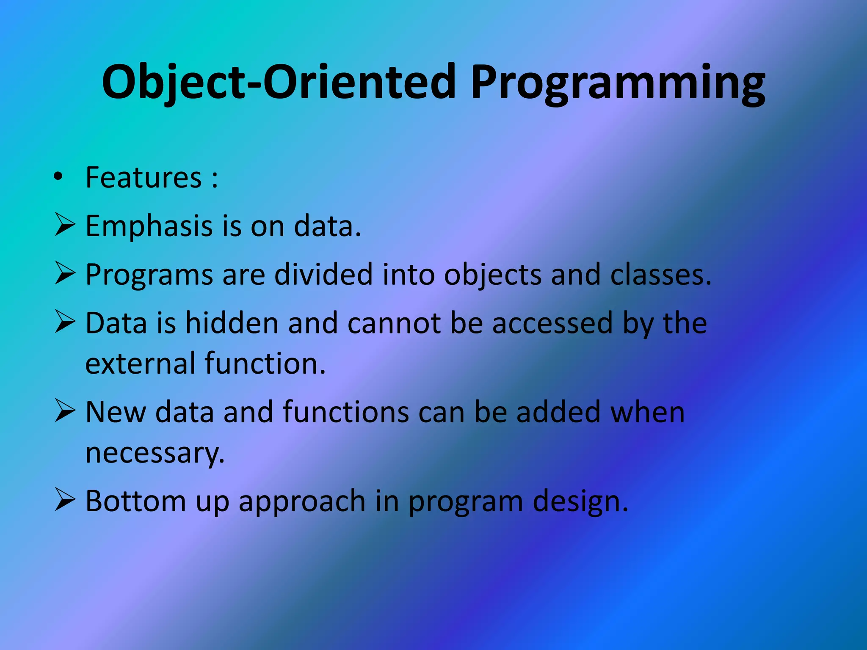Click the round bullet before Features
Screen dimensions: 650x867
(x=58, y=176)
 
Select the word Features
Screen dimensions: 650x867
(x=144, y=177)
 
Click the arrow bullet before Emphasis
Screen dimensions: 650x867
(x=65, y=225)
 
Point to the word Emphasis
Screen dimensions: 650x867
(x=149, y=226)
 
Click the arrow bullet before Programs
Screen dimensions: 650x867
(x=65, y=273)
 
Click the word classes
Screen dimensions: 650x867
(x=657, y=275)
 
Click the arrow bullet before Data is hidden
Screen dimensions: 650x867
(x=65, y=322)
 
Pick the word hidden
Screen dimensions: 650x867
(x=232, y=323)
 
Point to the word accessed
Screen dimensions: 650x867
(x=552, y=323)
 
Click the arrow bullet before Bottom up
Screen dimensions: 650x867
(x=65, y=500)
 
